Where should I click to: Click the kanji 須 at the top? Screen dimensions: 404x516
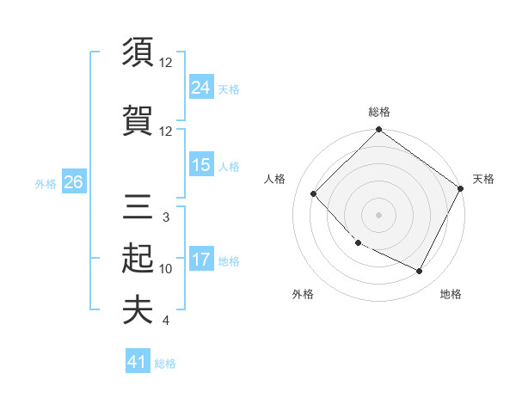click(x=138, y=52)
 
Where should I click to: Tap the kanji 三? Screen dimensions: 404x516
click(x=138, y=206)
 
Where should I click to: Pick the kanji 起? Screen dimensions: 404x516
click(x=138, y=258)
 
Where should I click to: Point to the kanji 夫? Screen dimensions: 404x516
click(x=138, y=309)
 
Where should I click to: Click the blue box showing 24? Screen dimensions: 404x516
click(x=201, y=87)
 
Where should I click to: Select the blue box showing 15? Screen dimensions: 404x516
click(x=201, y=165)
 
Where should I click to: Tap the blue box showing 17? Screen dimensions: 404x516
click(x=201, y=260)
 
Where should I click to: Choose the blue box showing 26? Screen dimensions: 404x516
click(x=73, y=182)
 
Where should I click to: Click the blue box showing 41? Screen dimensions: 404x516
click(x=138, y=362)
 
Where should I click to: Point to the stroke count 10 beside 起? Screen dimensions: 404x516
click(x=166, y=269)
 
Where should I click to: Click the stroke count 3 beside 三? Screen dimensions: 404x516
click(x=165, y=217)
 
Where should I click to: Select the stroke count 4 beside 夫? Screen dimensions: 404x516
click(x=165, y=321)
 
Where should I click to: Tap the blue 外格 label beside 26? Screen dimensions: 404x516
click(x=46, y=183)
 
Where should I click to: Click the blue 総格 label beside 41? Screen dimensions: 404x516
click(x=166, y=364)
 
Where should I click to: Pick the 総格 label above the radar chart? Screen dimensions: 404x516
click(x=378, y=112)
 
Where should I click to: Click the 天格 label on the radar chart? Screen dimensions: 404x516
click(x=483, y=179)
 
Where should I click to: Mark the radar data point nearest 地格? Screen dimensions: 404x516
click(x=420, y=272)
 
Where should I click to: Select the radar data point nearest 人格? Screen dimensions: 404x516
click(x=314, y=193)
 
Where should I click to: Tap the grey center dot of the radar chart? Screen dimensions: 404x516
click(x=378, y=214)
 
